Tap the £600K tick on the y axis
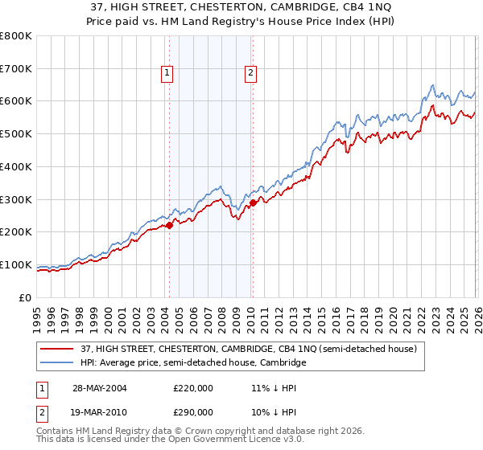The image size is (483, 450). pyautogui.click(x=16, y=101)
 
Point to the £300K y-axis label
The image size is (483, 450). pyautogui.click(x=16, y=199)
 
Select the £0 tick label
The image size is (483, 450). pyautogui.click(x=26, y=297)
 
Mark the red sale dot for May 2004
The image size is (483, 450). pyautogui.click(x=170, y=226)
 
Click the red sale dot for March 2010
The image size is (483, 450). pyautogui.click(x=253, y=202)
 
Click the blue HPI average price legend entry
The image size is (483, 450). pyautogui.click(x=193, y=363)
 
